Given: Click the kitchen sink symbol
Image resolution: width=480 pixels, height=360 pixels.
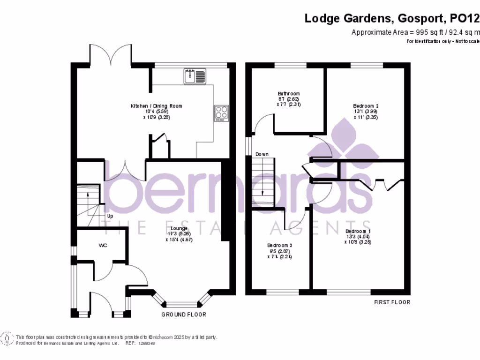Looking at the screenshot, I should pyautogui.click(x=195, y=76).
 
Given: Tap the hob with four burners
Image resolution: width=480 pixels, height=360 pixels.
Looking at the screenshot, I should pyautogui.click(x=222, y=113).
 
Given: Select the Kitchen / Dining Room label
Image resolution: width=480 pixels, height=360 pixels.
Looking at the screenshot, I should pyautogui.click(x=156, y=106).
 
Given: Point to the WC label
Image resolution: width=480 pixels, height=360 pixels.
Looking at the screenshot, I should pyautogui.click(x=103, y=245).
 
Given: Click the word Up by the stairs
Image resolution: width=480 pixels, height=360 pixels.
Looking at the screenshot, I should pyautogui.click(x=111, y=216).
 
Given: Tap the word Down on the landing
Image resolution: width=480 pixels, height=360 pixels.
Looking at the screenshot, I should pyautogui.click(x=262, y=154).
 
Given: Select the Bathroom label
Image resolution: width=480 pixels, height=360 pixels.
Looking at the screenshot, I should pyautogui.click(x=288, y=94).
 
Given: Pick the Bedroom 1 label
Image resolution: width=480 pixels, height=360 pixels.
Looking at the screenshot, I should pyautogui.click(x=358, y=232).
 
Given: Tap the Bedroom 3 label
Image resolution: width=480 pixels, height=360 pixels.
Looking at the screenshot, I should pyautogui.click(x=280, y=245).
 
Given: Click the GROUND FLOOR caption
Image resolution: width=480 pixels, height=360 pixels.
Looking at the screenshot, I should pyautogui.click(x=184, y=315).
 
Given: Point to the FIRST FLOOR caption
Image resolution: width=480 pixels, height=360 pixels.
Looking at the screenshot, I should pyautogui.click(x=392, y=302).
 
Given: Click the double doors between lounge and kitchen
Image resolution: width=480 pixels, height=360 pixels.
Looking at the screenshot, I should pyautogui.click(x=125, y=172).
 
